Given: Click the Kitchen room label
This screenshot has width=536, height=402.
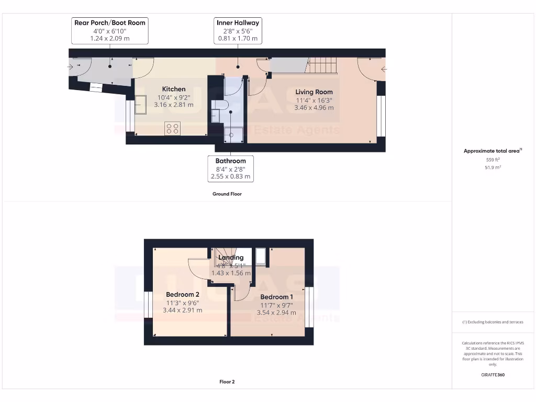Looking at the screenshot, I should [x=173, y=89].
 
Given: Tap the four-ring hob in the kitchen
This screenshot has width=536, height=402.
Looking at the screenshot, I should [x=172, y=128].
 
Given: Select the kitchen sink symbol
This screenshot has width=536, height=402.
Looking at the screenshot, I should [x=141, y=104].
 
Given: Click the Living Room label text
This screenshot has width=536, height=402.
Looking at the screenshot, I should [x=314, y=92].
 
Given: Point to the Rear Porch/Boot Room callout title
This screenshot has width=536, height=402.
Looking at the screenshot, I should [x=110, y=23].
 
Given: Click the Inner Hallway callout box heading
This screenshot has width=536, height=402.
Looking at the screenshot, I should [x=238, y=23].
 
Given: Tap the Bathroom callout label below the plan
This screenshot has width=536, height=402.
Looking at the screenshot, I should [x=230, y=161].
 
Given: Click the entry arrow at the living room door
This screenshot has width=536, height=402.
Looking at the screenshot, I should [x=384, y=69].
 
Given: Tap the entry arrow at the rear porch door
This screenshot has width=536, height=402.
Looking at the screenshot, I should [x=71, y=66].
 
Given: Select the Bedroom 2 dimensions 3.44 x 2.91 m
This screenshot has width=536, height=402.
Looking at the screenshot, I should [x=182, y=310].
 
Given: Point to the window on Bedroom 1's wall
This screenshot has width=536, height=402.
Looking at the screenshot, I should [x=309, y=308].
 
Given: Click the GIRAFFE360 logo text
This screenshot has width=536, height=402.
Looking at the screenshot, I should [x=492, y=375].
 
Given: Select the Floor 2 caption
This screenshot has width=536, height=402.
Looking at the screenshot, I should [x=227, y=382].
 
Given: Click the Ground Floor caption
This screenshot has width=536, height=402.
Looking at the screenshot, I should [x=227, y=194].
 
